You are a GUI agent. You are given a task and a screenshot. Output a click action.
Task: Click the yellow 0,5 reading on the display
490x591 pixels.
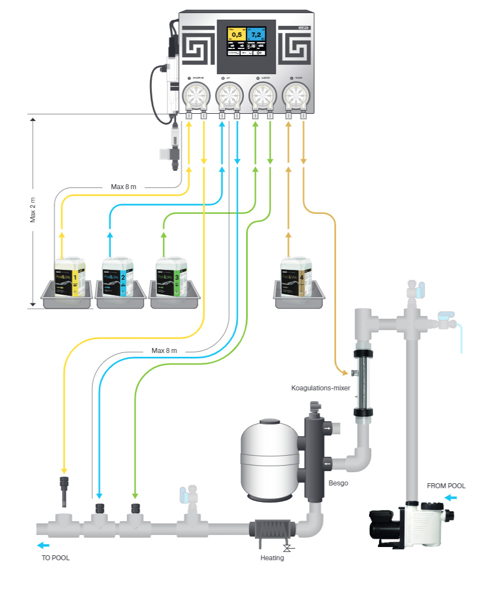click(x=237, y=35)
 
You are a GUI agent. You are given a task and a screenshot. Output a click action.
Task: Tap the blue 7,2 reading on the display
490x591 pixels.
click(x=256, y=35)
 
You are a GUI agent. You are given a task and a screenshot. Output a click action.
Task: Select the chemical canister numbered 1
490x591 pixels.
click(x=70, y=278)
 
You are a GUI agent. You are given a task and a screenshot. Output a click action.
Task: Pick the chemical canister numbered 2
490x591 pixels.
click(x=118, y=278)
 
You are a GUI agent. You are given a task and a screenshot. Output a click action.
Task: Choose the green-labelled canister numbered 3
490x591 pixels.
click(x=171, y=278)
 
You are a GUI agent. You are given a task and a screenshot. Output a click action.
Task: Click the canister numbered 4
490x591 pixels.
click(x=296, y=277)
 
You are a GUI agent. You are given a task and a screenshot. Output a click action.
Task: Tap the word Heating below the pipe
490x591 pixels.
click(x=272, y=558)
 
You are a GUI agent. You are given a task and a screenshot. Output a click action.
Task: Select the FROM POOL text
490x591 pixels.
click(x=446, y=486)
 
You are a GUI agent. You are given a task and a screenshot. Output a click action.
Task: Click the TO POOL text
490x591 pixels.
click(x=56, y=557)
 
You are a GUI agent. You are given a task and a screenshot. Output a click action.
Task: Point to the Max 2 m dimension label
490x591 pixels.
click(x=33, y=211)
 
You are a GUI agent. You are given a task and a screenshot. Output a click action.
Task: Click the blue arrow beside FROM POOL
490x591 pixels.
click(x=450, y=498)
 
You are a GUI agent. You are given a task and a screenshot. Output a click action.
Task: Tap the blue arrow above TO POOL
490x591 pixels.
click(x=43, y=545)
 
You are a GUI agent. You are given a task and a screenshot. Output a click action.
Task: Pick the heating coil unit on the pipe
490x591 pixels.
click(x=273, y=531)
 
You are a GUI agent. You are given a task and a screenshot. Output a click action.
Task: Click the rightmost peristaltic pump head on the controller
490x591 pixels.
click(x=295, y=97)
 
